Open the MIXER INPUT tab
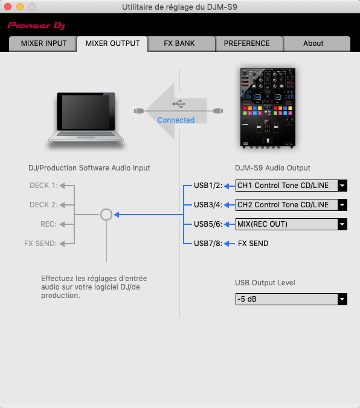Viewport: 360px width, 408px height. (43, 44)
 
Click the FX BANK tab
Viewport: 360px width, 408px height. (179, 44)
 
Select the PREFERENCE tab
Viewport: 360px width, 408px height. (247, 44)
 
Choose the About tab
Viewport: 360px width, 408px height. (313, 44)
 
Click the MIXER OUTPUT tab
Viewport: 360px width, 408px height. (112, 44)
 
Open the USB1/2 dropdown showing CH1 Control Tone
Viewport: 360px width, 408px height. (291, 186)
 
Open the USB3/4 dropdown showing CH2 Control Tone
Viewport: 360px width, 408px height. (291, 205)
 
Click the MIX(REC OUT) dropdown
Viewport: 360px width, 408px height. (291, 224)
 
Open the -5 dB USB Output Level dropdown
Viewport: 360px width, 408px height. (291, 299)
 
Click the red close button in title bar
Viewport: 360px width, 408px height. (8, 7)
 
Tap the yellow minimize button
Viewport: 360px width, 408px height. (20, 7)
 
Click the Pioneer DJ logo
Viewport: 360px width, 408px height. (36, 26)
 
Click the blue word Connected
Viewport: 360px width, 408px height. (176, 120)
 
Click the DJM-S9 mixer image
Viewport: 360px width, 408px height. (268, 108)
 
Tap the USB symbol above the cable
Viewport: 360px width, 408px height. (179, 103)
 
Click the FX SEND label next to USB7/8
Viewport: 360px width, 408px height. (253, 244)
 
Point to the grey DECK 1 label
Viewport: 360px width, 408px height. (43, 186)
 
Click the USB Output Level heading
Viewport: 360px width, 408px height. (265, 283)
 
